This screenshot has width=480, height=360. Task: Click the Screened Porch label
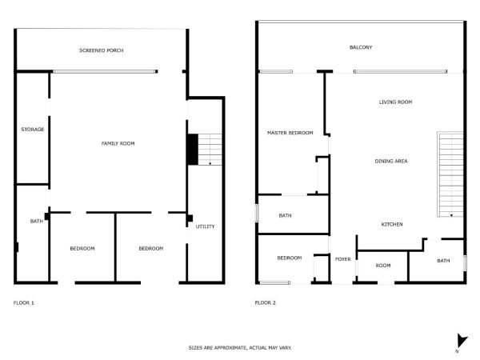[101, 50]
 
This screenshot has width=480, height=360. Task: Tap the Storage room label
[33, 129]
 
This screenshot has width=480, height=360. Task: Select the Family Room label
[118, 143]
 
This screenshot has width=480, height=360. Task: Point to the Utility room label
[205, 226]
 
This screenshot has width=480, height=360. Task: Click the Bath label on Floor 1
[36, 222]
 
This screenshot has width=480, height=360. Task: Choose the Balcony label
[361, 47]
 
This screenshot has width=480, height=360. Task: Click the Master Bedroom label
[290, 133]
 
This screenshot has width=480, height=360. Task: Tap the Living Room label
[394, 102]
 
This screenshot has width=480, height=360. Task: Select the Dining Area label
[391, 162]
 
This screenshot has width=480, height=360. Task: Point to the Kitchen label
[391, 224]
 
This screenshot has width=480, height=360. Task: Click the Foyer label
[343, 258]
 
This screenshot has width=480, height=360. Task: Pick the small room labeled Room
[383, 265]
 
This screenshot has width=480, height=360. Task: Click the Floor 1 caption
[24, 302]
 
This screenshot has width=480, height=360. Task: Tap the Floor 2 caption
[265, 302]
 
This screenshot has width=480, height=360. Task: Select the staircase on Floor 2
[450, 174]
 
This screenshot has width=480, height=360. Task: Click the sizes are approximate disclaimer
[240, 348]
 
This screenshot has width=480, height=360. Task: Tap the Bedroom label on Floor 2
[289, 258]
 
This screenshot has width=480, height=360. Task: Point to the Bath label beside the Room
[442, 261]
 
